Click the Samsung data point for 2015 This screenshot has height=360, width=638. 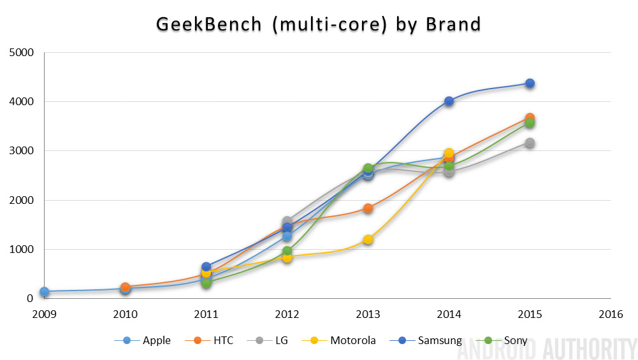530,83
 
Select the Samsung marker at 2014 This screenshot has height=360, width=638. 449,101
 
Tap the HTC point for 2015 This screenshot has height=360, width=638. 530,119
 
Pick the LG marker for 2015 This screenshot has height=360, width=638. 530,143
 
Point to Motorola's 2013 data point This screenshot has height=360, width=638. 368,240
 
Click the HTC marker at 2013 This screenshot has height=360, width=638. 368,208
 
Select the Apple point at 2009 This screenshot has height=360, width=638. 44,292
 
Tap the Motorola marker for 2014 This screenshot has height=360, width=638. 449,153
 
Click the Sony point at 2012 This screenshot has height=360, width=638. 287,251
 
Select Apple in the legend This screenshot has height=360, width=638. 150,340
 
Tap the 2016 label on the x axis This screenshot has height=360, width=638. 611,314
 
